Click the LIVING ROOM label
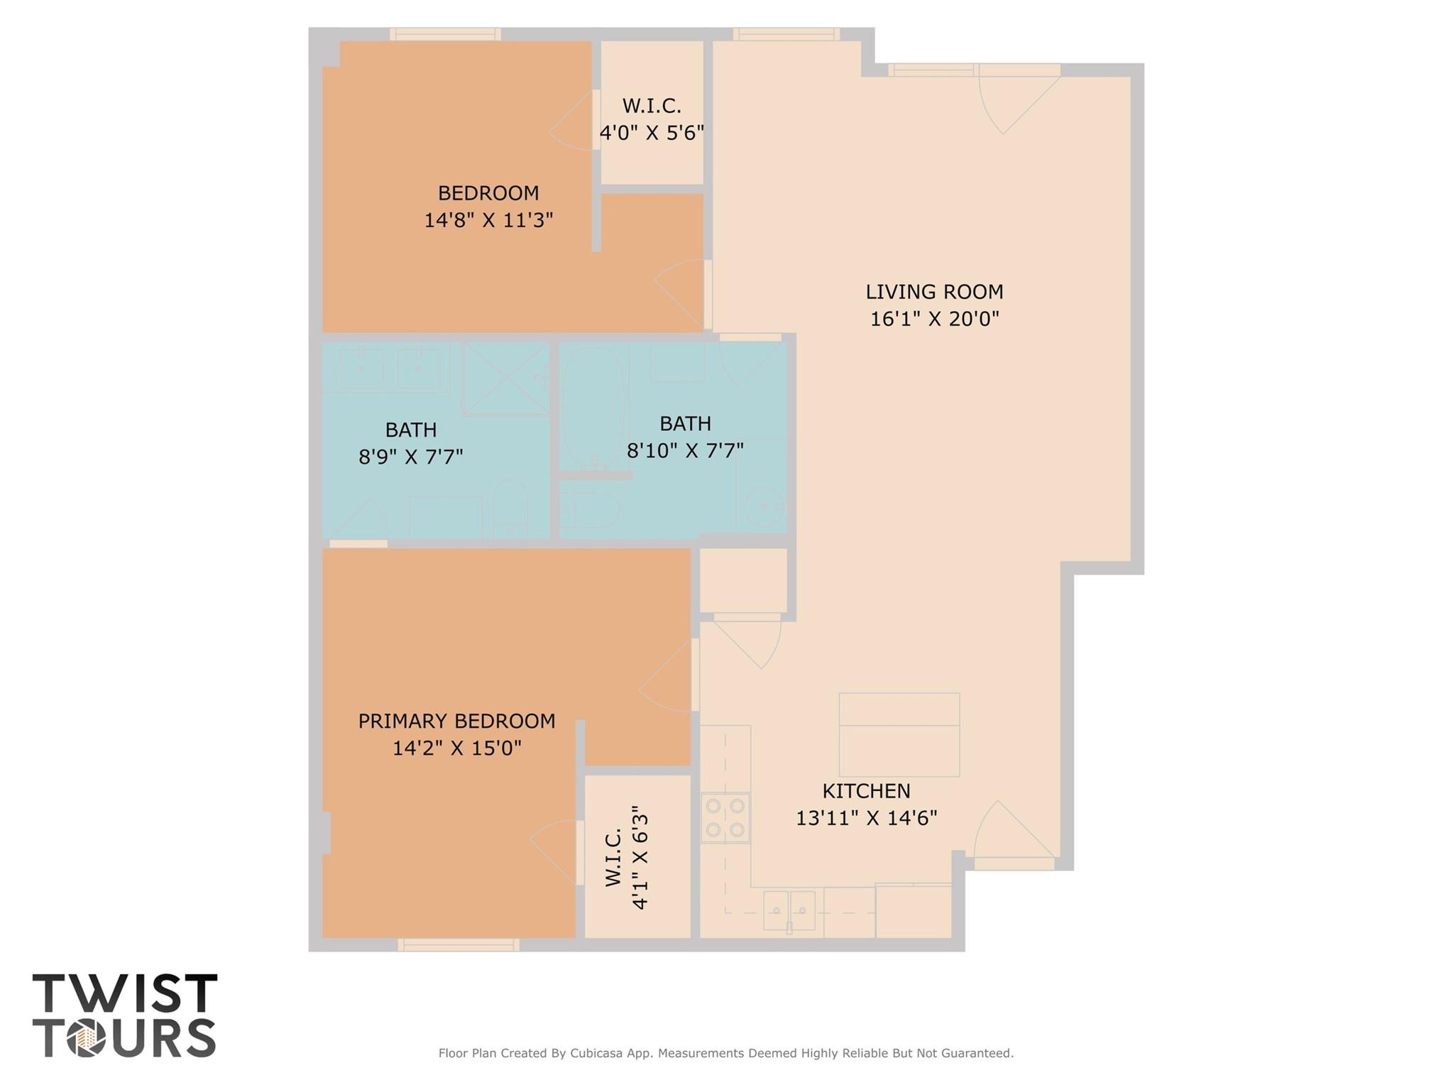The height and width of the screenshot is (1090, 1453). pos(933,292)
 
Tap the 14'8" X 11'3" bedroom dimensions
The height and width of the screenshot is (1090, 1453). pos(488,220)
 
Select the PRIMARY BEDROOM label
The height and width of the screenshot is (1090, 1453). pos(456,721)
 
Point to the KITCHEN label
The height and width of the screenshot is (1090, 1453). pos(866,790)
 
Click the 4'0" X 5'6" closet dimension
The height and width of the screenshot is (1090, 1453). pos(652,133)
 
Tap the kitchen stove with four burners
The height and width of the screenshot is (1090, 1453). pos(725,817)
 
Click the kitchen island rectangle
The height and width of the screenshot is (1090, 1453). pos(899,734)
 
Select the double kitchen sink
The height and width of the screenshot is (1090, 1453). pos(789,910)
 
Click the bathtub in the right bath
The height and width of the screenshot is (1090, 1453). pos(593,407)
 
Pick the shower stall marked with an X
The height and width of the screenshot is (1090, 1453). pos(506,378)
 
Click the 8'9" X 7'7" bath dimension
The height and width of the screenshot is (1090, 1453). pos(410,457)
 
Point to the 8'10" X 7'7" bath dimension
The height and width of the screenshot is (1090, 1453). pos(685,450)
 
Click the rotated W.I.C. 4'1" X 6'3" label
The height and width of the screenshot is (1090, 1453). pos(627,857)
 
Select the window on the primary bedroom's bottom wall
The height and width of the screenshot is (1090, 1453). pos(459,944)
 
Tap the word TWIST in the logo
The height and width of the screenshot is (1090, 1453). pos(125,993)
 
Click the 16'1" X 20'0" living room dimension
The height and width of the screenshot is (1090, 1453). pos(934,319)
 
